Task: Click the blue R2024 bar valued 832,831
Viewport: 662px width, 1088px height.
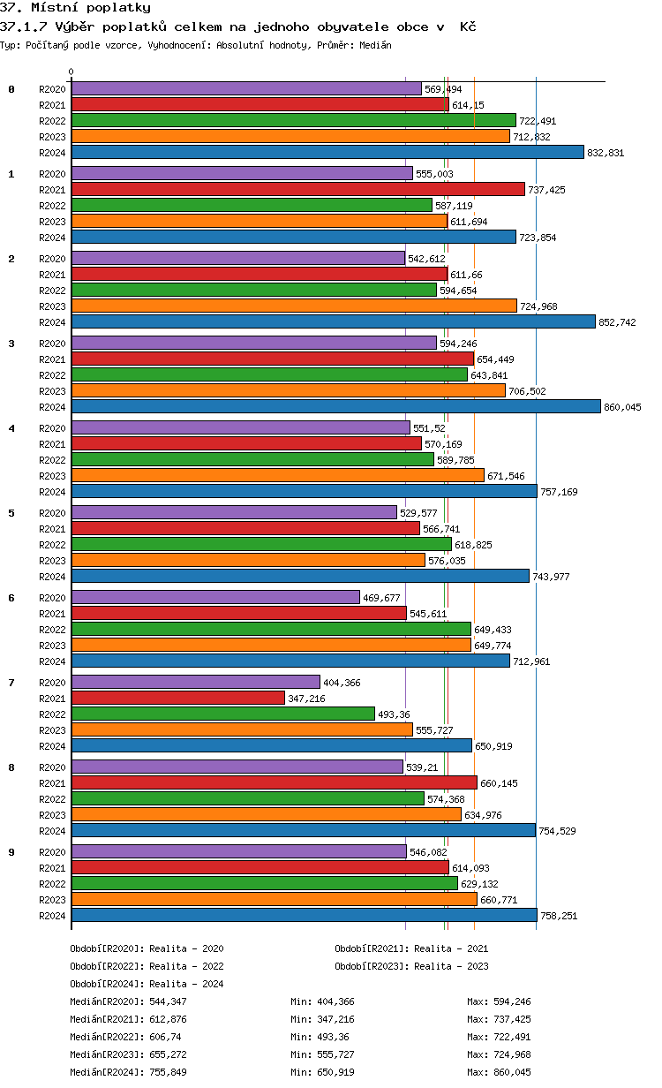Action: pos(327,152)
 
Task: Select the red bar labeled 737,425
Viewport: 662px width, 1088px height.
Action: pos(297,189)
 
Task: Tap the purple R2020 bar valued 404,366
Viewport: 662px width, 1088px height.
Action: pos(195,682)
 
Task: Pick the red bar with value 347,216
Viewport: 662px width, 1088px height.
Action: pos(177,698)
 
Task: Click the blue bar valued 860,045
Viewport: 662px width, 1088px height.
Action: pos(335,406)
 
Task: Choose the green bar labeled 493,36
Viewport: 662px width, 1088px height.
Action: pos(222,714)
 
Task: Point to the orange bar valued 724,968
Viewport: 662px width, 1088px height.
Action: pos(294,306)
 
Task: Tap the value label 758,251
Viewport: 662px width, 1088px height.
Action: pos(559,916)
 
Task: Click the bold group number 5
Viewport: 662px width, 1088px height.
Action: pos(11,513)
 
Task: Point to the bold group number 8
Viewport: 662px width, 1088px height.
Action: pos(11,767)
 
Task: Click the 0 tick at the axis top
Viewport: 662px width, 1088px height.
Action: pos(71,72)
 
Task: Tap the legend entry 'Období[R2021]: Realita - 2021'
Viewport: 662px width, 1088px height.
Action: pos(411,948)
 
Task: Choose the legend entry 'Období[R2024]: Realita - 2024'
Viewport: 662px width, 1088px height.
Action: pos(147,984)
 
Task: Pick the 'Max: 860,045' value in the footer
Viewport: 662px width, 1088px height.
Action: pos(499,1072)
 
